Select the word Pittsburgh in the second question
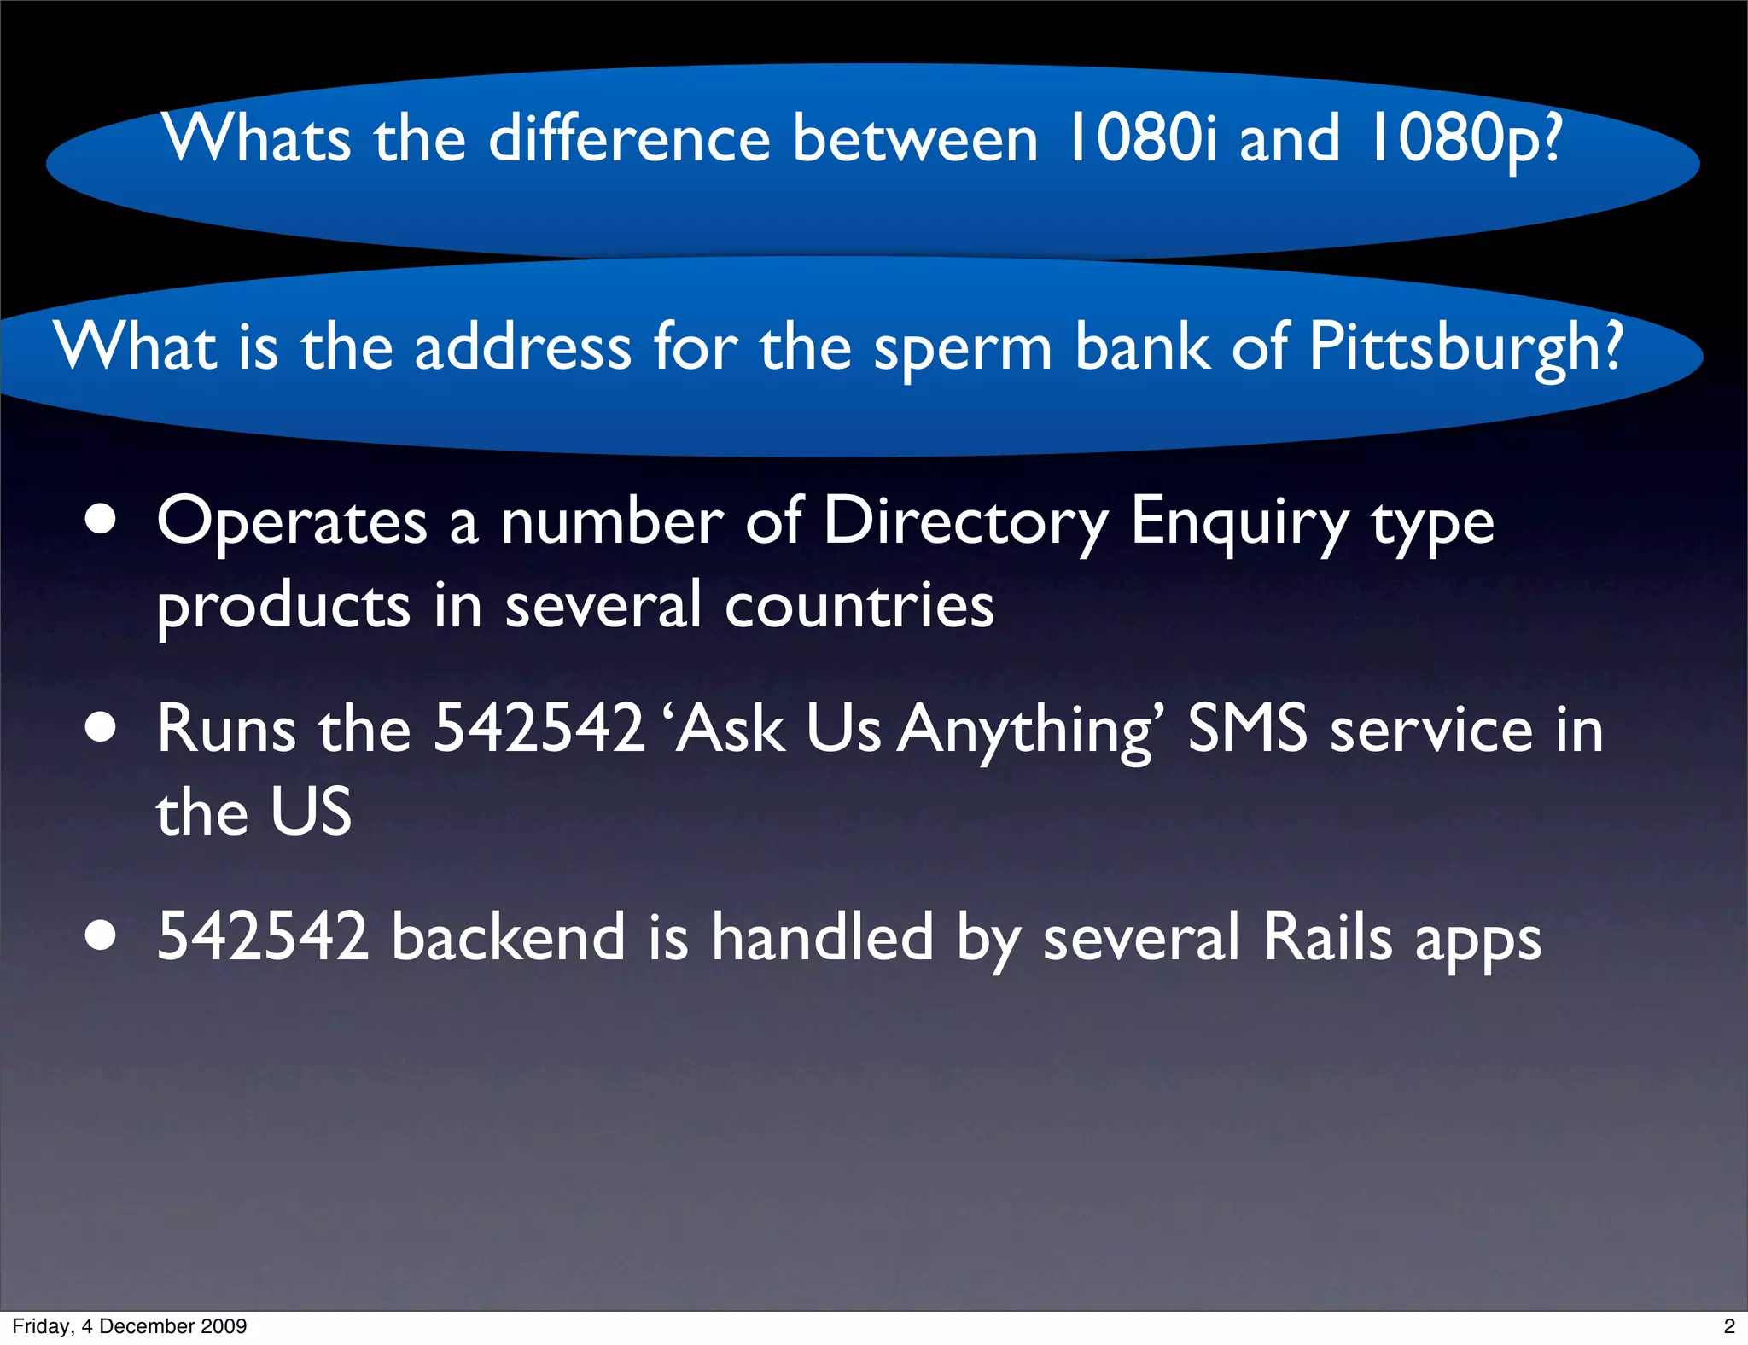pyautogui.click(x=1465, y=348)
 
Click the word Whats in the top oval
pyautogui.click(x=257, y=138)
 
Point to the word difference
pyautogui.click(x=629, y=138)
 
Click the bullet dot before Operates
pyautogui.click(x=101, y=520)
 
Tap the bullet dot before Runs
pyautogui.click(x=101, y=728)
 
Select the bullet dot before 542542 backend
pyautogui.click(x=101, y=935)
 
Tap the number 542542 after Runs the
pyautogui.click(x=539, y=729)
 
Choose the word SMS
pyautogui.click(x=1246, y=729)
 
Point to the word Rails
pyautogui.click(x=1327, y=936)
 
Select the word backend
pyautogui.click(x=509, y=936)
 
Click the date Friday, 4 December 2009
pyautogui.click(x=129, y=1326)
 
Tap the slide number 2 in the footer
pyautogui.click(x=1729, y=1326)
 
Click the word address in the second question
pyautogui.click(x=522, y=348)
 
